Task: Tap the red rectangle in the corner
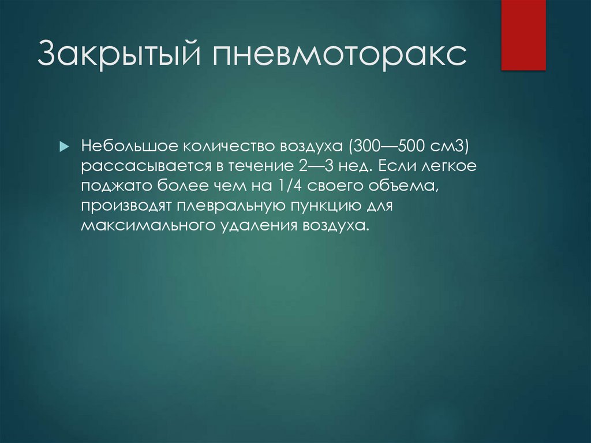pos(523,35)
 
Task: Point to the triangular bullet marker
pos(64,147)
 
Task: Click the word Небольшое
pos(124,147)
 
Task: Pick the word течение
pos(261,167)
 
